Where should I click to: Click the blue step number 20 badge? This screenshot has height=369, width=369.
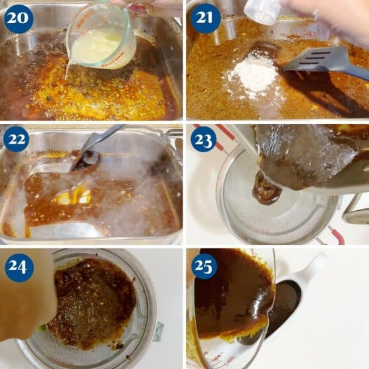click(18, 19)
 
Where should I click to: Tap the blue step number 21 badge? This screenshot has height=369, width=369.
click(205, 18)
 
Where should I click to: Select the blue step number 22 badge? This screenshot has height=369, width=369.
click(16, 139)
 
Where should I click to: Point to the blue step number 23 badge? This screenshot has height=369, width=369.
click(204, 139)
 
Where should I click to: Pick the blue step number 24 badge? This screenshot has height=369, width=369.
click(18, 268)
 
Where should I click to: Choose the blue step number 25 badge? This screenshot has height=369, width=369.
click(204, 266)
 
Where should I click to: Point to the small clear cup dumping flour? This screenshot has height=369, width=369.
click(260, 12)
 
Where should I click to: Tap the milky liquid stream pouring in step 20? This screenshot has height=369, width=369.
click(67, 70)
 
